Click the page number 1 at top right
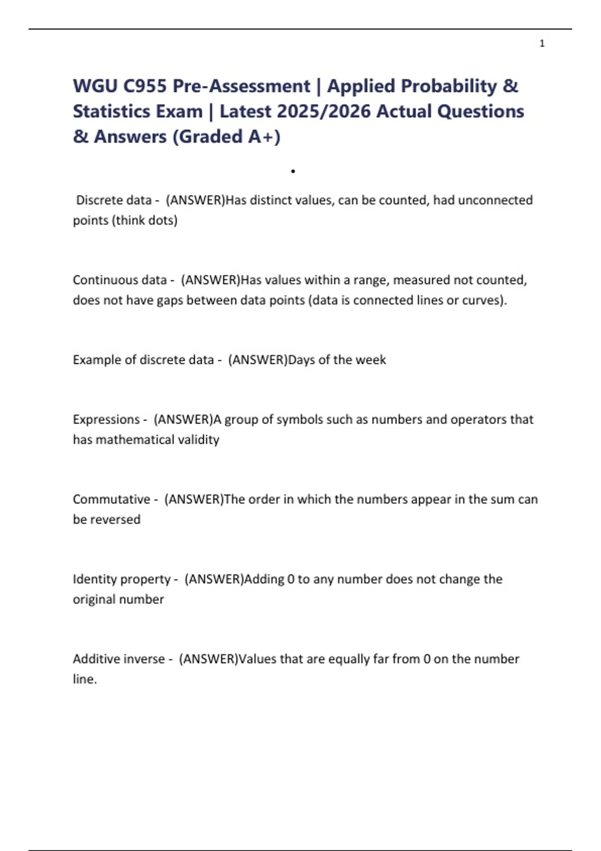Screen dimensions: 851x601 point(542,44)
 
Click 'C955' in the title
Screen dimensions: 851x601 point(145,86)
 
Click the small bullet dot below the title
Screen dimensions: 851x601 point(293,172)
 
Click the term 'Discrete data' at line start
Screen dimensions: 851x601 point(113,200)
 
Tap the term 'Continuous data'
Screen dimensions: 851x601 point(119,280)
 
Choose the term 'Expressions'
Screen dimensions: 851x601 point(106,419)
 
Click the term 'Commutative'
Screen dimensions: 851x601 point(111,499)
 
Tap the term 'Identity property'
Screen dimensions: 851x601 point(122,579)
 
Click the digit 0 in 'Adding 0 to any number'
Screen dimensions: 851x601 point(291,579)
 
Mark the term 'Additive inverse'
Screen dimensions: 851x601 point(119,659)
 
